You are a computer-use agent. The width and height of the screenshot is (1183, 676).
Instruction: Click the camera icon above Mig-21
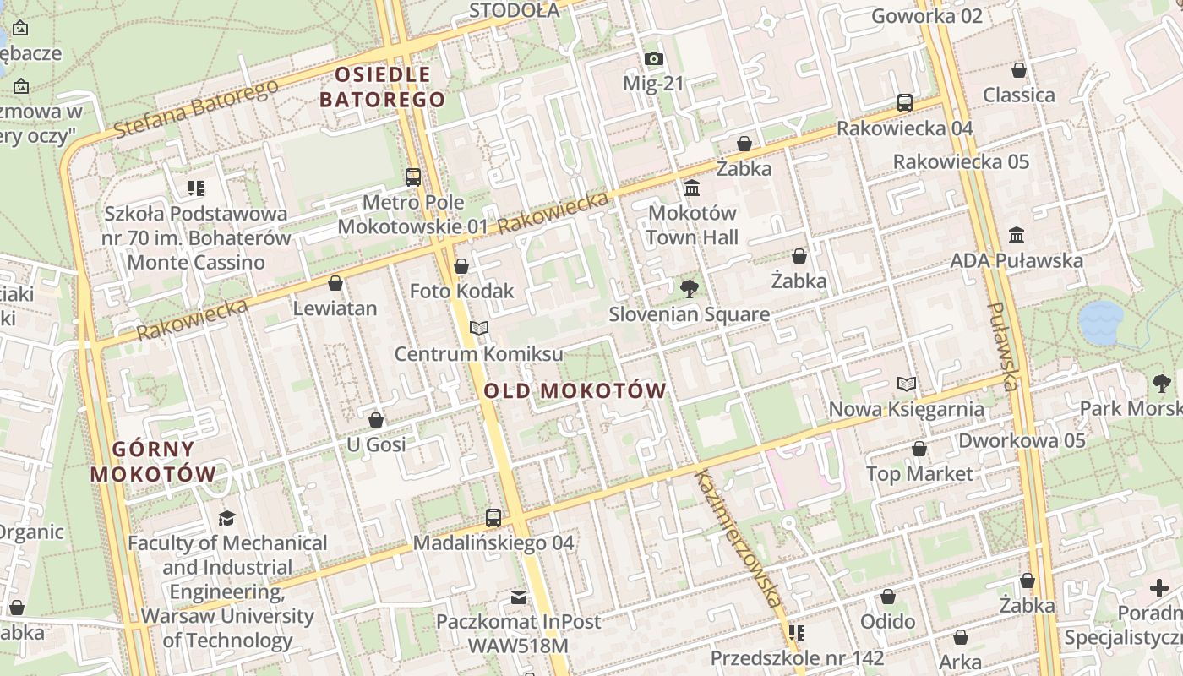[x=653, y=59]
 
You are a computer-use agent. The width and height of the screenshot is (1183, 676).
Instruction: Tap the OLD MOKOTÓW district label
[x=575, y=391]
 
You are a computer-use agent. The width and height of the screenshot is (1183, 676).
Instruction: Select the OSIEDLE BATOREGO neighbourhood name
[x=383, y=87]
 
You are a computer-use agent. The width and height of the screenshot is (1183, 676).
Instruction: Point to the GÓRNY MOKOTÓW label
[x=153, y=461]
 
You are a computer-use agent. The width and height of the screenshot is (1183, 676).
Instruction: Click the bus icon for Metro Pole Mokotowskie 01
[x=412, y=177]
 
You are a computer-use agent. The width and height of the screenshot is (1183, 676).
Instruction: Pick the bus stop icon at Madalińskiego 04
[x=493, y=518]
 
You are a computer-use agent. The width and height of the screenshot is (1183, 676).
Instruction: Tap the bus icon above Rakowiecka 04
[x=905, y=103]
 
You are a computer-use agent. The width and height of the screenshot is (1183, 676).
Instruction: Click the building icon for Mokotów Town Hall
[x=692, y=188]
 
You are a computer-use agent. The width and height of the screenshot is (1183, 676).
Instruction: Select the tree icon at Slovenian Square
[x=690, y=289]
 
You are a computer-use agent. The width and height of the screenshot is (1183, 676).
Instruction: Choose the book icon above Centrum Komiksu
[x=479, y=328]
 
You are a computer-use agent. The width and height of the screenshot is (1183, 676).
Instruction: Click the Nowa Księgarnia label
[x=906, y=410]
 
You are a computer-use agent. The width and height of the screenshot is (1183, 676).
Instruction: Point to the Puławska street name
[x=1002, y=346]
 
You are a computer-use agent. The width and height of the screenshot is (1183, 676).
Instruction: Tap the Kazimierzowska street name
[x=737, y=537]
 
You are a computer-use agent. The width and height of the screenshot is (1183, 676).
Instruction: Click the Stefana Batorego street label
[x=195, y=109]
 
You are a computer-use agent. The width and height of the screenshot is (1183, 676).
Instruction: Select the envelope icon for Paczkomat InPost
[x=519, y=597]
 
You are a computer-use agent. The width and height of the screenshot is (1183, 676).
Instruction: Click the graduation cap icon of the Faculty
[x=226, y=518]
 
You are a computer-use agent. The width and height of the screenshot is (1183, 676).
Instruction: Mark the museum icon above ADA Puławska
[x=1017, y=235]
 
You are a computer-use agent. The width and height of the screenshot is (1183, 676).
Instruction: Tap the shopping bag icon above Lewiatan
[x=335, y=283]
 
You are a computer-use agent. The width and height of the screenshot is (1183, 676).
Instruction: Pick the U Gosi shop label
[x=377, y=444]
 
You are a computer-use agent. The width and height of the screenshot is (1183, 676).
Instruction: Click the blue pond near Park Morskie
[x=1100, y=322]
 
